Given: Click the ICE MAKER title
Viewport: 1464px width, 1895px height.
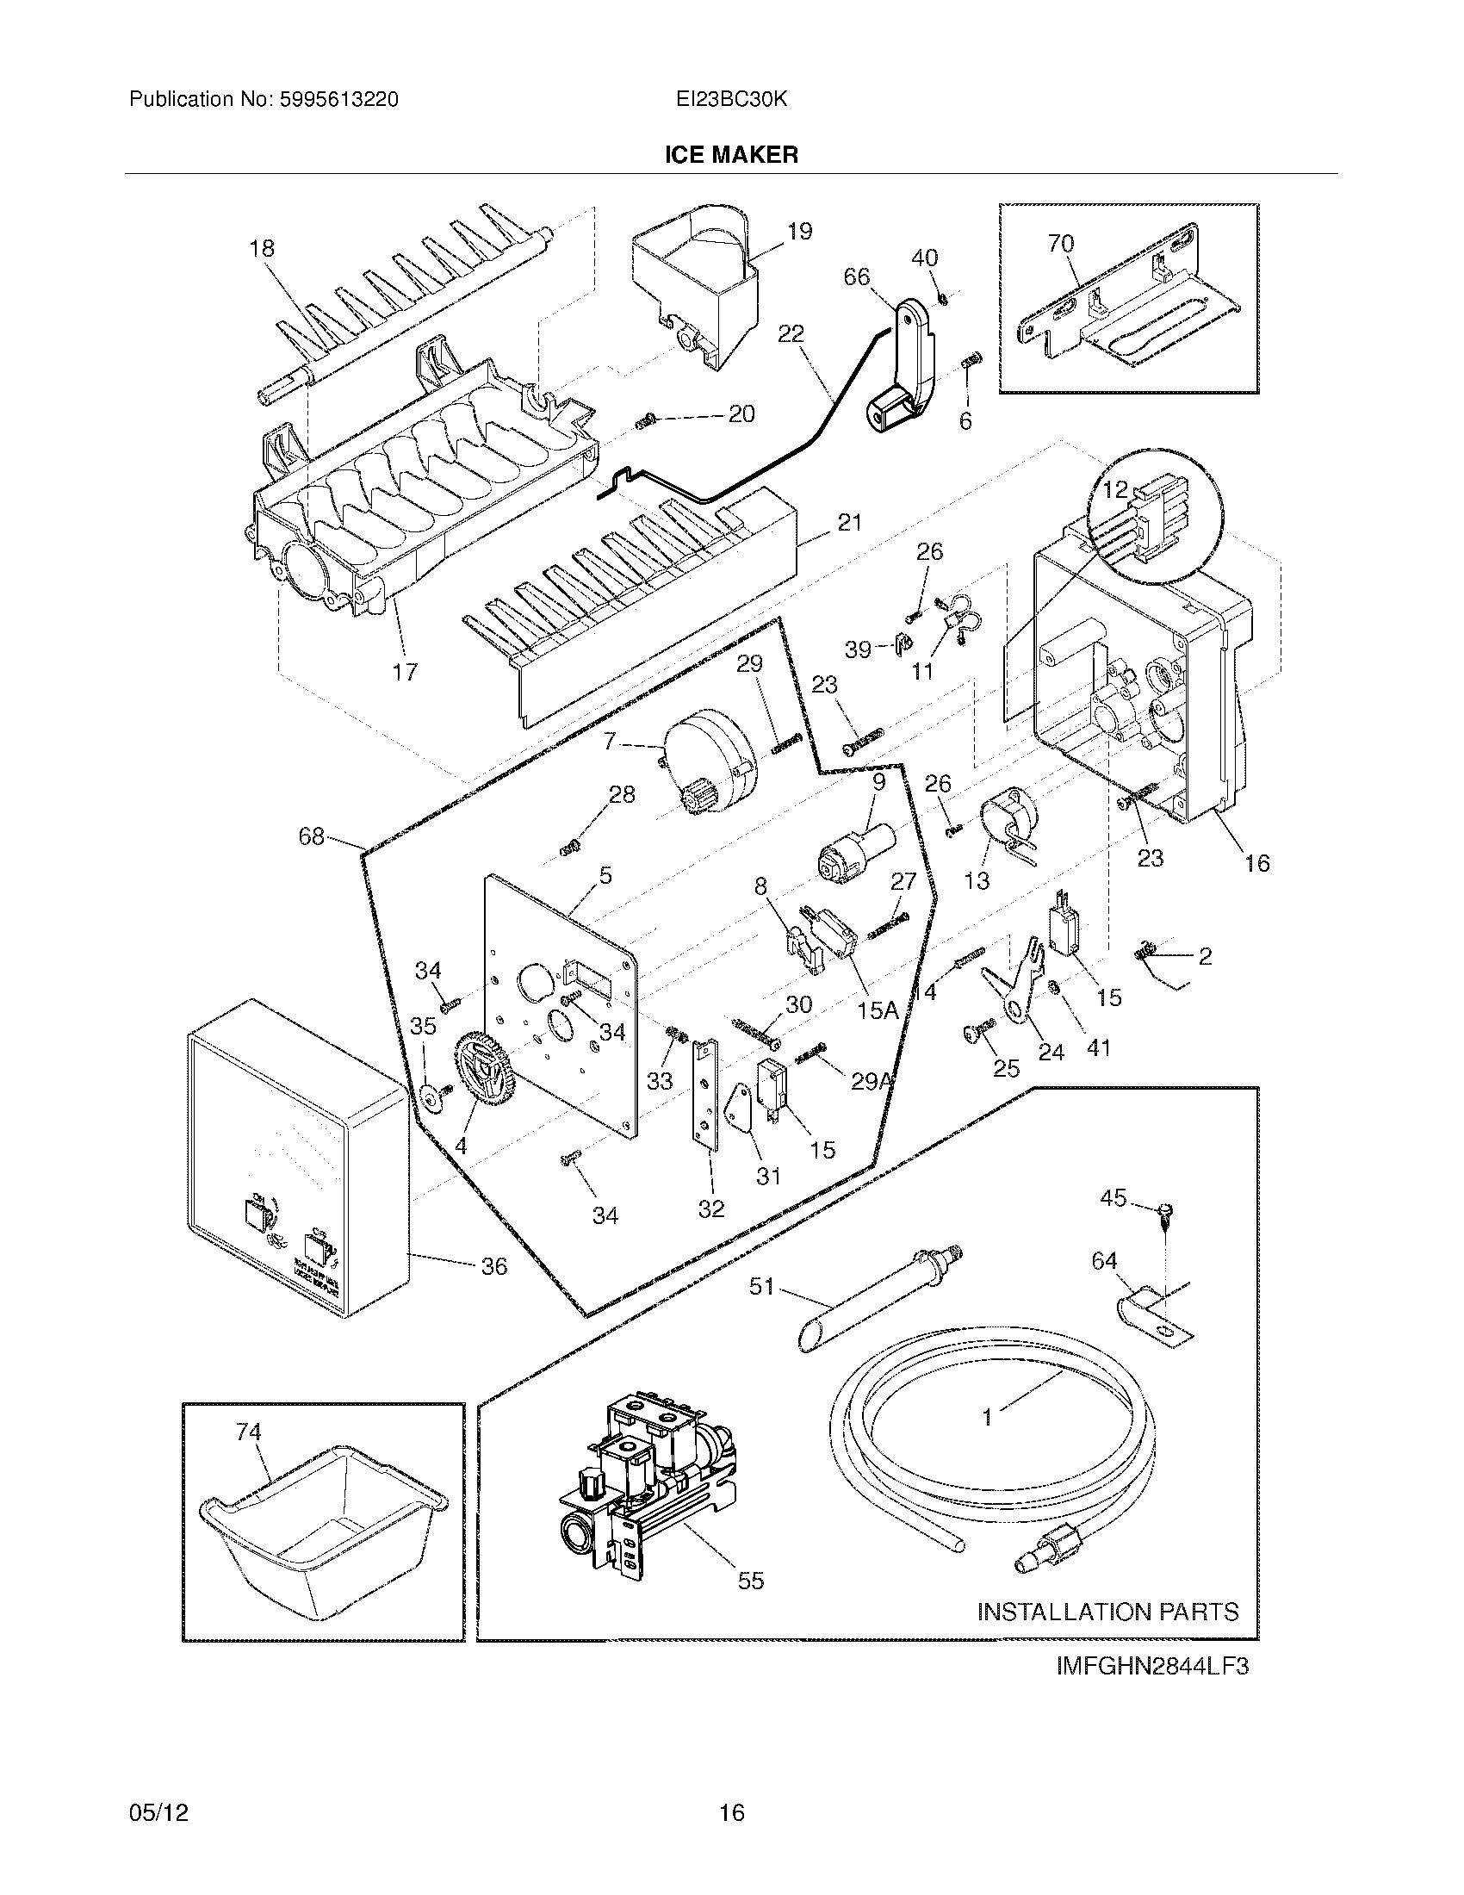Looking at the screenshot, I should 731,154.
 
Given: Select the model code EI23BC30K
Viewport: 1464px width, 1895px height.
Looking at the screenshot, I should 731,100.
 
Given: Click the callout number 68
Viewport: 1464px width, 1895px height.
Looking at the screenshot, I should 312,836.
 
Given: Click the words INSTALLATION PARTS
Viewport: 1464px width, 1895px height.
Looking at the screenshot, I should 1107,1612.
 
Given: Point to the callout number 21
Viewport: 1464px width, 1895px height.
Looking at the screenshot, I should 850,522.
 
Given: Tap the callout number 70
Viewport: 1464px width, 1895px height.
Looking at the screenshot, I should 1061,244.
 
